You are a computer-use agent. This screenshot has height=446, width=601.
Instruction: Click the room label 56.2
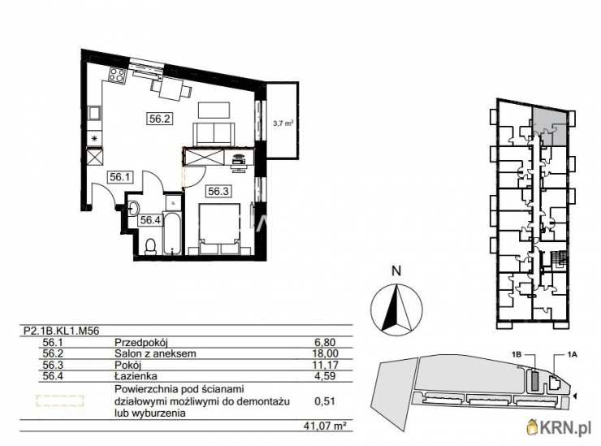click(159, 119)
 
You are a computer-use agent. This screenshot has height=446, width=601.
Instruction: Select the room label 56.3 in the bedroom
click(218, 191)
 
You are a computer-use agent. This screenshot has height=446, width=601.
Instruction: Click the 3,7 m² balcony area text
click(283, 123)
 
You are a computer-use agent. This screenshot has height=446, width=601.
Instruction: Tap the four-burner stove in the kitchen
click(116, 76)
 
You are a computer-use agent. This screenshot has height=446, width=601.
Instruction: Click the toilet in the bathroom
click(150, 246)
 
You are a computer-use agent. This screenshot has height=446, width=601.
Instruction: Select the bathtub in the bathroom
click(172, 233)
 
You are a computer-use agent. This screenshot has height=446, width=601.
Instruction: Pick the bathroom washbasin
click(132, 209)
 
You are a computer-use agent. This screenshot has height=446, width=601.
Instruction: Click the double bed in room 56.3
click(219, 229)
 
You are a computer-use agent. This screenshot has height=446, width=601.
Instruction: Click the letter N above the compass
click(396, 271)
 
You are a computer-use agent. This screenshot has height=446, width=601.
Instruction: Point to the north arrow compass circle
click(396, 307)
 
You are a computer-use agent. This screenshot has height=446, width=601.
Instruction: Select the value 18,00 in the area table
click(326, 353)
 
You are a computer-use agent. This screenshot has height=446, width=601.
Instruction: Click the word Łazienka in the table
click(136, 376)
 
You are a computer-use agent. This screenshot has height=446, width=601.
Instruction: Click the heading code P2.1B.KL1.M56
click(62, 331)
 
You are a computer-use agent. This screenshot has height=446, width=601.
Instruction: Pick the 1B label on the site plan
click(517, 355)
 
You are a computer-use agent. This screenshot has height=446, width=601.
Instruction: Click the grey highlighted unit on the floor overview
click(549, 126)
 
